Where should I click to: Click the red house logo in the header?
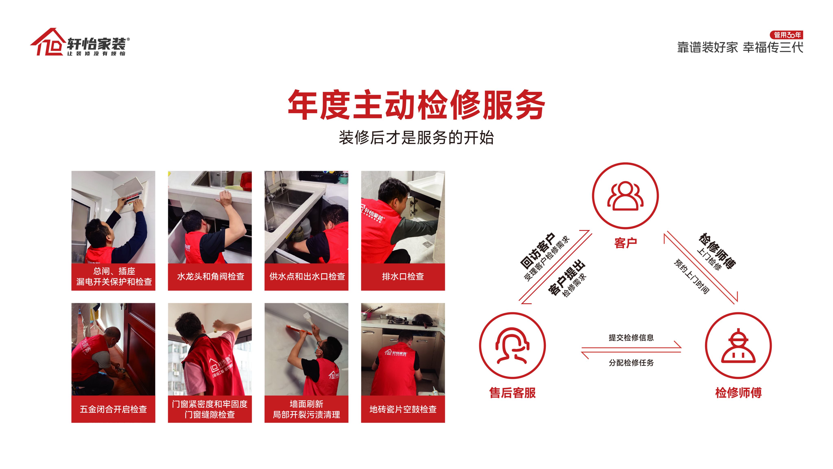[47, 42]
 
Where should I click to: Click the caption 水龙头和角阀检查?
[210, 276]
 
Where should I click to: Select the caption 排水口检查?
[403, 276]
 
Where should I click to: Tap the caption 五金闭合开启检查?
[113, 409]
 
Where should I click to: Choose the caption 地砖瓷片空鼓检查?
[403, 409]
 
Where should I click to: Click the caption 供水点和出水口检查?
[307, 276]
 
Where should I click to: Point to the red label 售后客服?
[512, 393]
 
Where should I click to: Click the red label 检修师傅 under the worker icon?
[738, 393]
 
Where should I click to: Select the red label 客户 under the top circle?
[625, 243]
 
